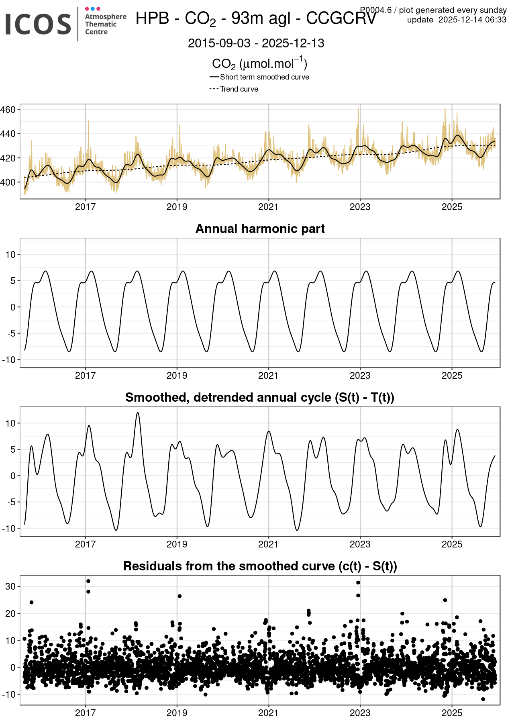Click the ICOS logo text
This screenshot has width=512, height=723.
(x=38, y=24)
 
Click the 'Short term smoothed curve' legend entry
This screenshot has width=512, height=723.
(x=264, y=77)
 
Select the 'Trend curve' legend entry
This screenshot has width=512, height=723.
(x=239, y=89)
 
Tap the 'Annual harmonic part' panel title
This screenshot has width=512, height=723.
(x=260, y=229)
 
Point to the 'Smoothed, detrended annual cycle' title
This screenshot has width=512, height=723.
(x=260, y=397)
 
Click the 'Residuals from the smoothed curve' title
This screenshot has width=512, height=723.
(x=260, y=566)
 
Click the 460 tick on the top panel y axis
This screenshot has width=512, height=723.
(x=8, y=110)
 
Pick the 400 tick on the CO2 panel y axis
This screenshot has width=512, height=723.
(x=8, y=182)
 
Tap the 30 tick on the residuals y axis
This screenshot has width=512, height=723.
(x=10, y=586)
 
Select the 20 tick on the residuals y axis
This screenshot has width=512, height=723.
(x=10, y=614)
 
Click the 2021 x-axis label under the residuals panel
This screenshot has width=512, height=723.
(x=268, y=713)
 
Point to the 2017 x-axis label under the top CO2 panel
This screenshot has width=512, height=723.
(x=85, y=207)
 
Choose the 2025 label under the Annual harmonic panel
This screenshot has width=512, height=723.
(x=452, y=376)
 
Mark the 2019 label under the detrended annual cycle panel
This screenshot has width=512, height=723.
(x=177, y=544)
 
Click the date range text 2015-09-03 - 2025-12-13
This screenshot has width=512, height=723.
(x=256, y=43)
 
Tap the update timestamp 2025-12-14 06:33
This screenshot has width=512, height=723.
(x=472, y=20)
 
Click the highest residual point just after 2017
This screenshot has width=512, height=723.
(x=88, y=581)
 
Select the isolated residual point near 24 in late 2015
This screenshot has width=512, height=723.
(x=31, y=602)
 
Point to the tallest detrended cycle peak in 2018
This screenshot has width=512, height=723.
(x=138, y=413)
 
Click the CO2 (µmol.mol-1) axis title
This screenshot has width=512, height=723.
(x=259, y=63)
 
